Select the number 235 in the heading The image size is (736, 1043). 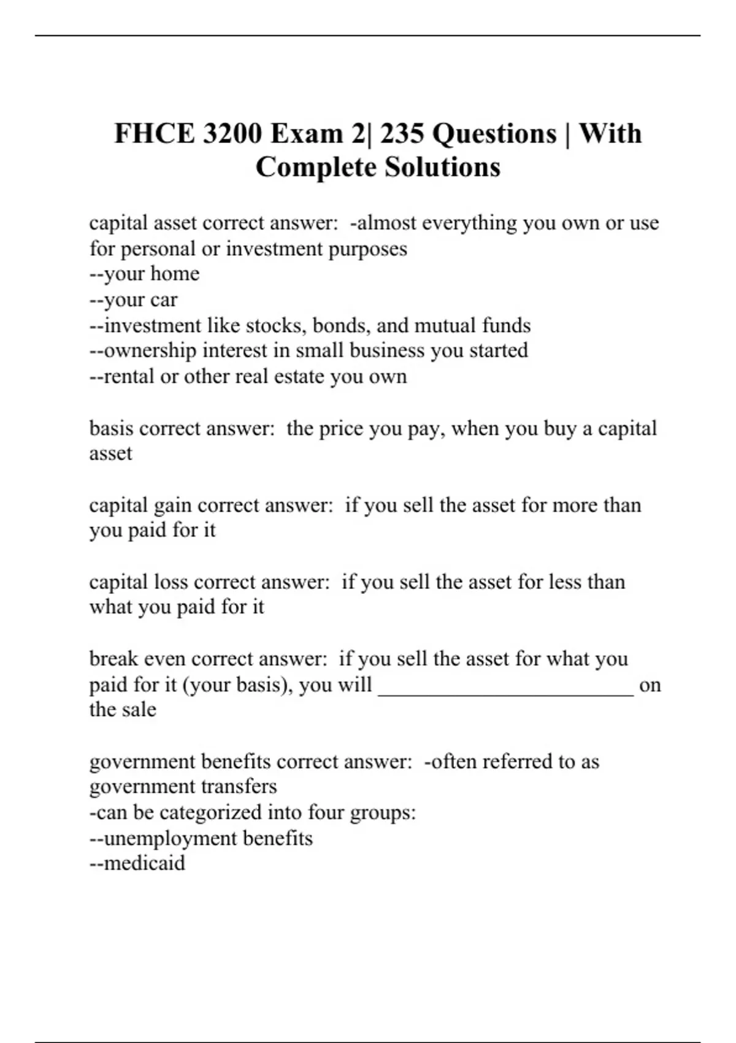(402, 134)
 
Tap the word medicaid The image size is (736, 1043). (144, 863)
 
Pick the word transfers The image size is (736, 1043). (239, 787)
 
